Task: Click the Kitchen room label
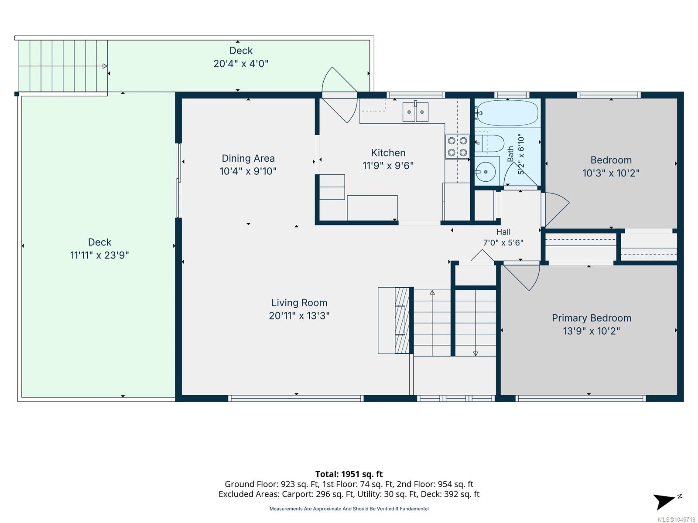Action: click(x=388, y=153)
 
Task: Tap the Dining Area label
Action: click(x=248, y=158)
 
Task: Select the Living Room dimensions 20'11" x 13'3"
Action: click(x=299, y=316)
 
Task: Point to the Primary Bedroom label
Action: click(x=591, y=318)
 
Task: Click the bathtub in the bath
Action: click(x=507, y=113)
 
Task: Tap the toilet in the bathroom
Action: click(x=490, y=143)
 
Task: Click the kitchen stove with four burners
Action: click(x=457, y=146)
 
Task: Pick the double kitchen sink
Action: click(x=415, y=112)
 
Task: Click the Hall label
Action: click(x=503, y=232)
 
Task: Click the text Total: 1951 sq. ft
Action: click(x=349, y=474)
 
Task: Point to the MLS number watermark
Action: click(x=676, y=520)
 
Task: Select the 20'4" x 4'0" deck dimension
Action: click(x=241, y=64)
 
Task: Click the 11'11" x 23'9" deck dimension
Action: click(x=99, y=255)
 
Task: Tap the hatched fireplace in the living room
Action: click(x=402, y=320)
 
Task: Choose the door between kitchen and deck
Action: click(x=339, y=95)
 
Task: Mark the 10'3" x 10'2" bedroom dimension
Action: click(x=611, y=173)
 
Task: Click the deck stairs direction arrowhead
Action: click(x=105, y=66)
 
